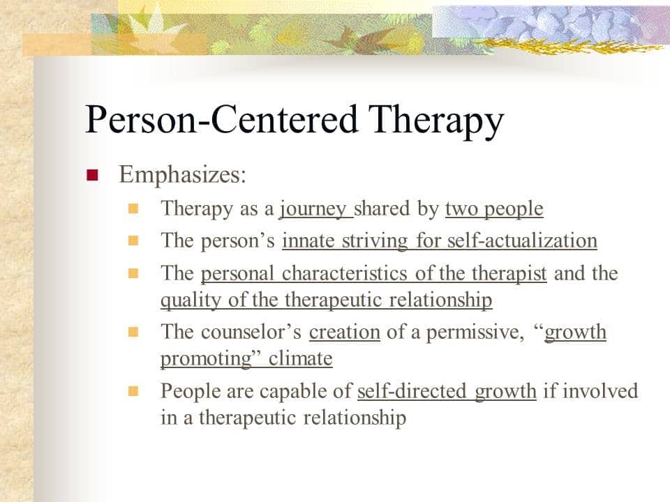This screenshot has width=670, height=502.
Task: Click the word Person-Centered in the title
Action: [x=221, y=119]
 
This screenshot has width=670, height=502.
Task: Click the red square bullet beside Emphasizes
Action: [x=92, y=175]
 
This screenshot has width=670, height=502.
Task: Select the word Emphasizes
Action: [x=182, y=174]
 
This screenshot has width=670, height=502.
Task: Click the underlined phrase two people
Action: [x=494, y=209]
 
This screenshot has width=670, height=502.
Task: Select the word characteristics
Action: [x=344, y=273]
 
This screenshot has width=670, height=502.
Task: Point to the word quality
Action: [x=191, y=300]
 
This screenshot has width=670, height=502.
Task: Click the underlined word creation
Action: [x=344, y=332]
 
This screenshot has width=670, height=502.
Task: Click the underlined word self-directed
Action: [x=412, y=391]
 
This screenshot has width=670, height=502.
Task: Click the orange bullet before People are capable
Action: [x=133, y=391]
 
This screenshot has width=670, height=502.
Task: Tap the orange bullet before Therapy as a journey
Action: [x=133, y=208]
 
